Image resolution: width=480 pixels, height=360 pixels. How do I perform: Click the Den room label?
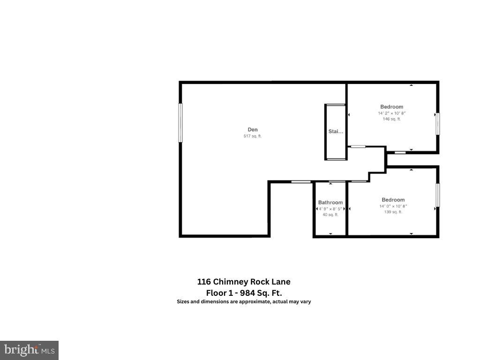tap(253, 130)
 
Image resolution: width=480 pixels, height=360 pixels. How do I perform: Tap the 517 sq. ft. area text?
tap(253, 136)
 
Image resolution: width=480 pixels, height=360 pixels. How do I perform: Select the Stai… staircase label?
tap(336, 132)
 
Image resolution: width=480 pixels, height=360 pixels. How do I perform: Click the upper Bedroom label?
tap(391, 107)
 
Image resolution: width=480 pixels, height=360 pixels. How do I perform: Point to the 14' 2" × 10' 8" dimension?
tap(391, 113)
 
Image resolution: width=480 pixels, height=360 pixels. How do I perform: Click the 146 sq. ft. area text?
tap(391, 119)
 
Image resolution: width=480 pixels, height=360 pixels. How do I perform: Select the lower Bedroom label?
tap(393, 200)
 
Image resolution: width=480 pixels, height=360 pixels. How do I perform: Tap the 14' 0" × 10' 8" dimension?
tap(393, 206)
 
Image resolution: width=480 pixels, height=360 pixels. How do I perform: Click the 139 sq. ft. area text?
tap(393, 212)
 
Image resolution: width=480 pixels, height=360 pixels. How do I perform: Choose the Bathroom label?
tap(330, 202)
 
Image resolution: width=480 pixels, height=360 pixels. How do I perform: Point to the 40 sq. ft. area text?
tap(330, 215)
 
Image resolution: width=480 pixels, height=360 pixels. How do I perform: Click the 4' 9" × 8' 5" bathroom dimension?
tap(330, 209)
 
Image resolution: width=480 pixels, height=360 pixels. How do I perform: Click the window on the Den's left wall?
tap(180, 123)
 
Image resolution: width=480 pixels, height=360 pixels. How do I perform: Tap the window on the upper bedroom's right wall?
tap(438, 124)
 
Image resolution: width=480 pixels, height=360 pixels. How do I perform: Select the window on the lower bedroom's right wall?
tap(438, 195)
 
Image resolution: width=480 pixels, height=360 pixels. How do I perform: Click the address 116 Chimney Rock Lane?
tap(244, 282)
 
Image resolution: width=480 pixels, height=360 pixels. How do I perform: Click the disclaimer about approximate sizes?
tap(244, 302)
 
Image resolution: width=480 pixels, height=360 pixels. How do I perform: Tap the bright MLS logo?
tap(29, 350)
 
